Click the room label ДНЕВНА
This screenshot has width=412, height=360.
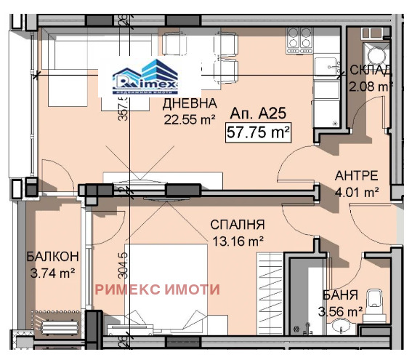[188, 104]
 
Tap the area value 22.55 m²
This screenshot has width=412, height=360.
[189, 119]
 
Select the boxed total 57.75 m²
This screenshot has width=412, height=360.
[259, 133]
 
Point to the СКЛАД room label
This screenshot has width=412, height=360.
[371, 71]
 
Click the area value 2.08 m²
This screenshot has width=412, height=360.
[371, 87]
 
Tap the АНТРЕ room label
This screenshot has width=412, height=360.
[356, 176]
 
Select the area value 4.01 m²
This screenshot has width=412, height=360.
[356, 193]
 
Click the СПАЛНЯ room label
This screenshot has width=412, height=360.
[238, 225]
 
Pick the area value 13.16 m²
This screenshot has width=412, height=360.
[238, 240]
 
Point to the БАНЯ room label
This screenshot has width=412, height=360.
[340, 295]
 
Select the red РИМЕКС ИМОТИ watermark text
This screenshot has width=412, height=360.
[157, 289]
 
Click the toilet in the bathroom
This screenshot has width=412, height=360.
[374, 302]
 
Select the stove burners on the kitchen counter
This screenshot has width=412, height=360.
[299, 39]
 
